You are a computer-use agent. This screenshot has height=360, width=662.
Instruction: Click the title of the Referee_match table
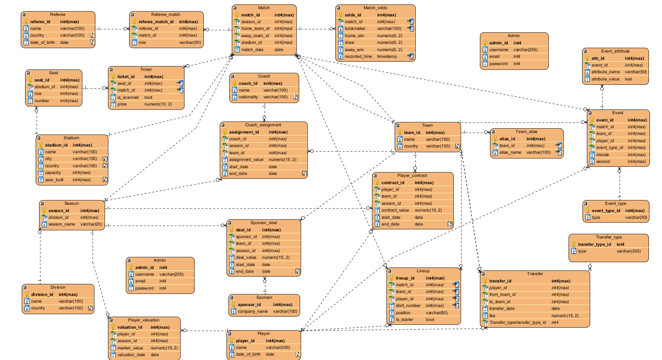tap(166, 14)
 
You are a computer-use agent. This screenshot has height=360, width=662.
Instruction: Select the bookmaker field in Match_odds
tap(355, 28)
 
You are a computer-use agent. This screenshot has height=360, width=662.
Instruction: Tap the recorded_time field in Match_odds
tap(358, 56)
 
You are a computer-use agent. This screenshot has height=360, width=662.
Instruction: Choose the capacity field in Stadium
tap(53, 173)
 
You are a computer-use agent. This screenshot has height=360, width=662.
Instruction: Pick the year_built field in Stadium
tap(54, 180)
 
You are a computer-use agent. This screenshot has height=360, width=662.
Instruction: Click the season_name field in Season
tap(62, 224)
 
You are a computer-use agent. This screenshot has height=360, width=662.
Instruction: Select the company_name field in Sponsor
tap(252, 311)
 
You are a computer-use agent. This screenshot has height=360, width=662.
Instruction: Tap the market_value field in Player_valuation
tap(130, 348)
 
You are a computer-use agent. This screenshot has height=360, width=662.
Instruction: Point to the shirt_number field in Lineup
tap(408, 306)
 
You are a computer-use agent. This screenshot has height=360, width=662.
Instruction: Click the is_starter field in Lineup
tap(405, 320)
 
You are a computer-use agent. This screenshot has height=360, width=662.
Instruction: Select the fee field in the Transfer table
tap(492, 316)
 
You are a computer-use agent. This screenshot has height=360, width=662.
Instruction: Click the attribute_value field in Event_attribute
tap(606, 79)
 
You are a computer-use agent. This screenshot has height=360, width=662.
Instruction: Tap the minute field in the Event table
tap(602, 155)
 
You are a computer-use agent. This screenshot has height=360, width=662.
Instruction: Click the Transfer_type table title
tap(609, 237)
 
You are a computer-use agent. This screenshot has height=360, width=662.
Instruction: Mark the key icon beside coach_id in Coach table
tap(234, 83)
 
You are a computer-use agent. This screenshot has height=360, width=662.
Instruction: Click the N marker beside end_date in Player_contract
tap(450, 224)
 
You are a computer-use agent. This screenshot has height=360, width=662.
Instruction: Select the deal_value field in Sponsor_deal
tap(246, 257)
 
